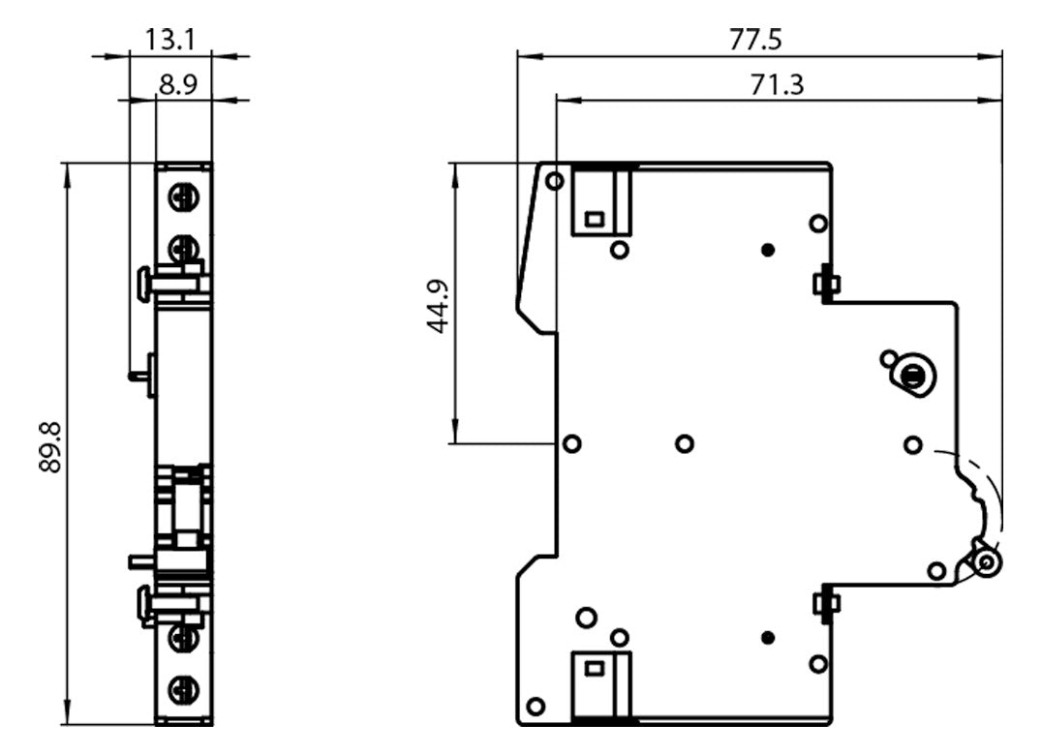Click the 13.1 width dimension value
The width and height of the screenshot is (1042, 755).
pyautogui.click(x=170, y=41)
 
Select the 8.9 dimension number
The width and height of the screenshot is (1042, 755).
pyautogui.click(x=178, y=85)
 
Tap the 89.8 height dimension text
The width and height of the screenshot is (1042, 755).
pyautogui.click(x=50, y=447)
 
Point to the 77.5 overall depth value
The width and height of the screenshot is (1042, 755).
pyautogui.click(x=755, y=40)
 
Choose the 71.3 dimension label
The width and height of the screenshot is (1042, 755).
pyautogui.click(x=777, y=85)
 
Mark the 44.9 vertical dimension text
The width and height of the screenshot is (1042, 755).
pyautogui.click(x=438, y=307)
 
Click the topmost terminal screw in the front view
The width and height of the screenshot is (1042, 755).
pyautogui.click(x=183, y=197)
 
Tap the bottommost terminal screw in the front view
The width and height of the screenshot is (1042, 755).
pyautogui.click(x=183, y=688)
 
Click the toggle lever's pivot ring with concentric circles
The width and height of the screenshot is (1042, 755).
pyautogui.click(x=987, y=563)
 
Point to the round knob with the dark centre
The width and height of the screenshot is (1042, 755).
pyautogui.click(x=912, y=376)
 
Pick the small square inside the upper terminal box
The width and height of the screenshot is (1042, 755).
pyautogui.click(x=594, y=219)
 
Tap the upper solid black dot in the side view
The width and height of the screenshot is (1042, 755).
pyautogui.click(x=768, y=251)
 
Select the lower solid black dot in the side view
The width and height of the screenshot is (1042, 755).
pyautogui.click(x=768, y=638)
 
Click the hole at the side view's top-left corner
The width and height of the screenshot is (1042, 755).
pyautogui.click(x=555, y=181)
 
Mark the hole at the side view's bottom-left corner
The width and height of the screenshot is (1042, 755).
pyautogui.click(x=536, y=706)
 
